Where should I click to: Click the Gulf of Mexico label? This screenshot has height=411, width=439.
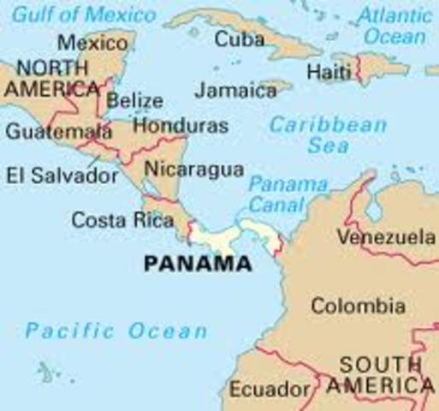pyautogui.click(x=84, y=15)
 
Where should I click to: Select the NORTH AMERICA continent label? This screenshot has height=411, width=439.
pyautogui.click(x=51, y=78)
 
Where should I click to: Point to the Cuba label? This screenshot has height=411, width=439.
pyautogui.click(x=240, y=39)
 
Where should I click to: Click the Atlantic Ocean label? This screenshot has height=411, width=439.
pyautogui.click(x=394, y=26)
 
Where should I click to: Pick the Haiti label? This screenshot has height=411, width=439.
pyautogui.click(x=329, y=72)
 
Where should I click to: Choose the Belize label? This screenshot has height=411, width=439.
pyautogui.click(x=135, y=101)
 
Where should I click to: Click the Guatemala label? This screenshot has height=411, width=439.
pyautogui.click(x=58, y=131)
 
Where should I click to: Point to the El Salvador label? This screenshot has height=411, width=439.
pyautogui.click(x=62, y=176)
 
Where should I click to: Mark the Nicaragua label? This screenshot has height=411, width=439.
pyautogui.click(x=193, y=169)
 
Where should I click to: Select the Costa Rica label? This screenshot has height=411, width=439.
pyautogui.click(x=122, y=219)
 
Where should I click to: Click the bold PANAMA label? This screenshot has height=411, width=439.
pyautogui.click(x=197, y=264)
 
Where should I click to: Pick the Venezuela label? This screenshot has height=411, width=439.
pyautogui.click(x=386, y=236)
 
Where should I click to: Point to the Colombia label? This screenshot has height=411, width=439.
pyautogui.click(x=358, y=306)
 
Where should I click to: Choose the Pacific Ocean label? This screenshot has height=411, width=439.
pyautogui.click(x=116, y=331)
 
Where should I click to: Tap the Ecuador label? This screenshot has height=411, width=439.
pyautogui.click(x=270, y=390)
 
